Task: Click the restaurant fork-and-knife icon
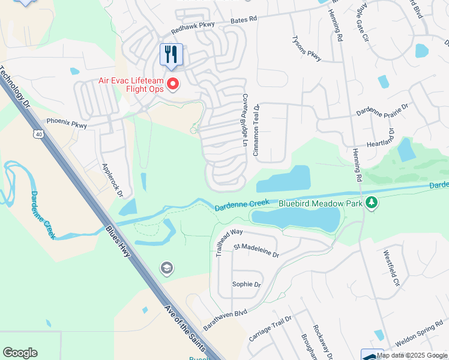(171, 55)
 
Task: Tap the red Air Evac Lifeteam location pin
(173, 84)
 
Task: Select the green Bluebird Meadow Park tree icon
(373, 203)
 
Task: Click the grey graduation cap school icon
(167, 268)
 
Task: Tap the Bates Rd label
(245, 19)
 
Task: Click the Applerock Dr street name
(112, 181)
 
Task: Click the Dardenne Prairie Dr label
(382, 109)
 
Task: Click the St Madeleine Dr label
(256, 250)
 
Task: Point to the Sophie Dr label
(247, 284)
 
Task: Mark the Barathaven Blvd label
(224, 316)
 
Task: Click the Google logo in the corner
(20, 353)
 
